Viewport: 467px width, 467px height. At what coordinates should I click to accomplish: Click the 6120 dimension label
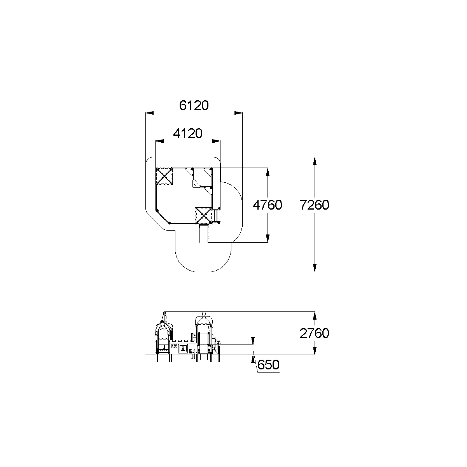[x=194, y=105]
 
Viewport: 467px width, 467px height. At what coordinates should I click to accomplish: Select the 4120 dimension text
[x=187, y=133]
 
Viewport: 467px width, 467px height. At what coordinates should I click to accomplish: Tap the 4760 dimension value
[x=267, y=205]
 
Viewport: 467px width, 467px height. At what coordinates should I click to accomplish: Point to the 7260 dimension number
[x=314, y=205]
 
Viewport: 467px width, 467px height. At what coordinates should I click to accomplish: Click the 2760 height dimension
[x=314, y=333]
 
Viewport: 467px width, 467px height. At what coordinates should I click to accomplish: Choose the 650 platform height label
[x=268, y=364]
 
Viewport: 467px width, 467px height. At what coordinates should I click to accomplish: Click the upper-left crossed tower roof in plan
[x=164, y=176]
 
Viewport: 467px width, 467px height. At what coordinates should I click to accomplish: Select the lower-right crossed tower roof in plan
[x=204, y=215]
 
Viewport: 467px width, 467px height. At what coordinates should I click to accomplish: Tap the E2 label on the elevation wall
[x=173, y=346]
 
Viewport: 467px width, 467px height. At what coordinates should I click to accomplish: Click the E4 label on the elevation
[x=192, y=351]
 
